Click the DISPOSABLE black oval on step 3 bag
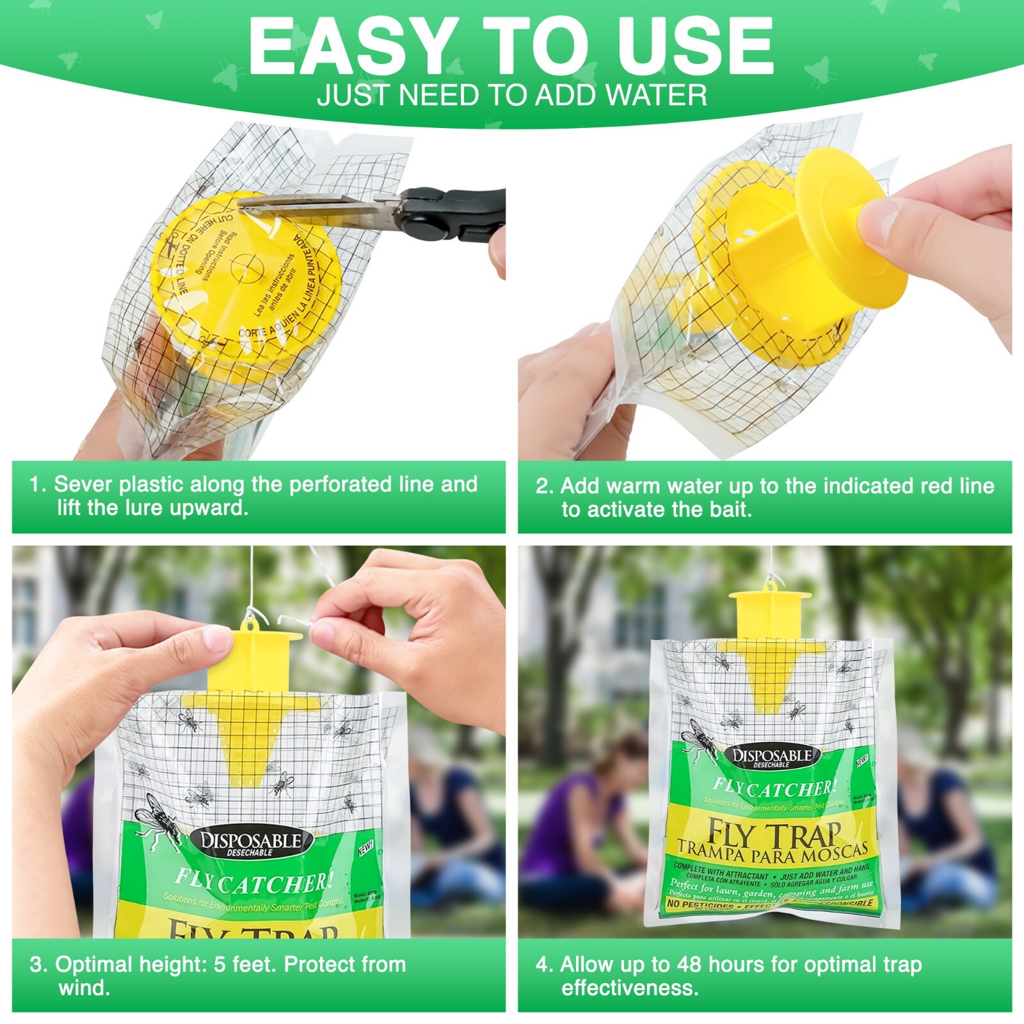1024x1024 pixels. pos(251,843)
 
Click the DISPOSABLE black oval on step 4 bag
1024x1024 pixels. pos(772,757)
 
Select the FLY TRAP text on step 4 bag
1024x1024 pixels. pos(773,834)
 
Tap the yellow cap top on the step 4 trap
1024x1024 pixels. pos(770,598)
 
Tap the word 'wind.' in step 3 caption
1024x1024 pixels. pos(84,988)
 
